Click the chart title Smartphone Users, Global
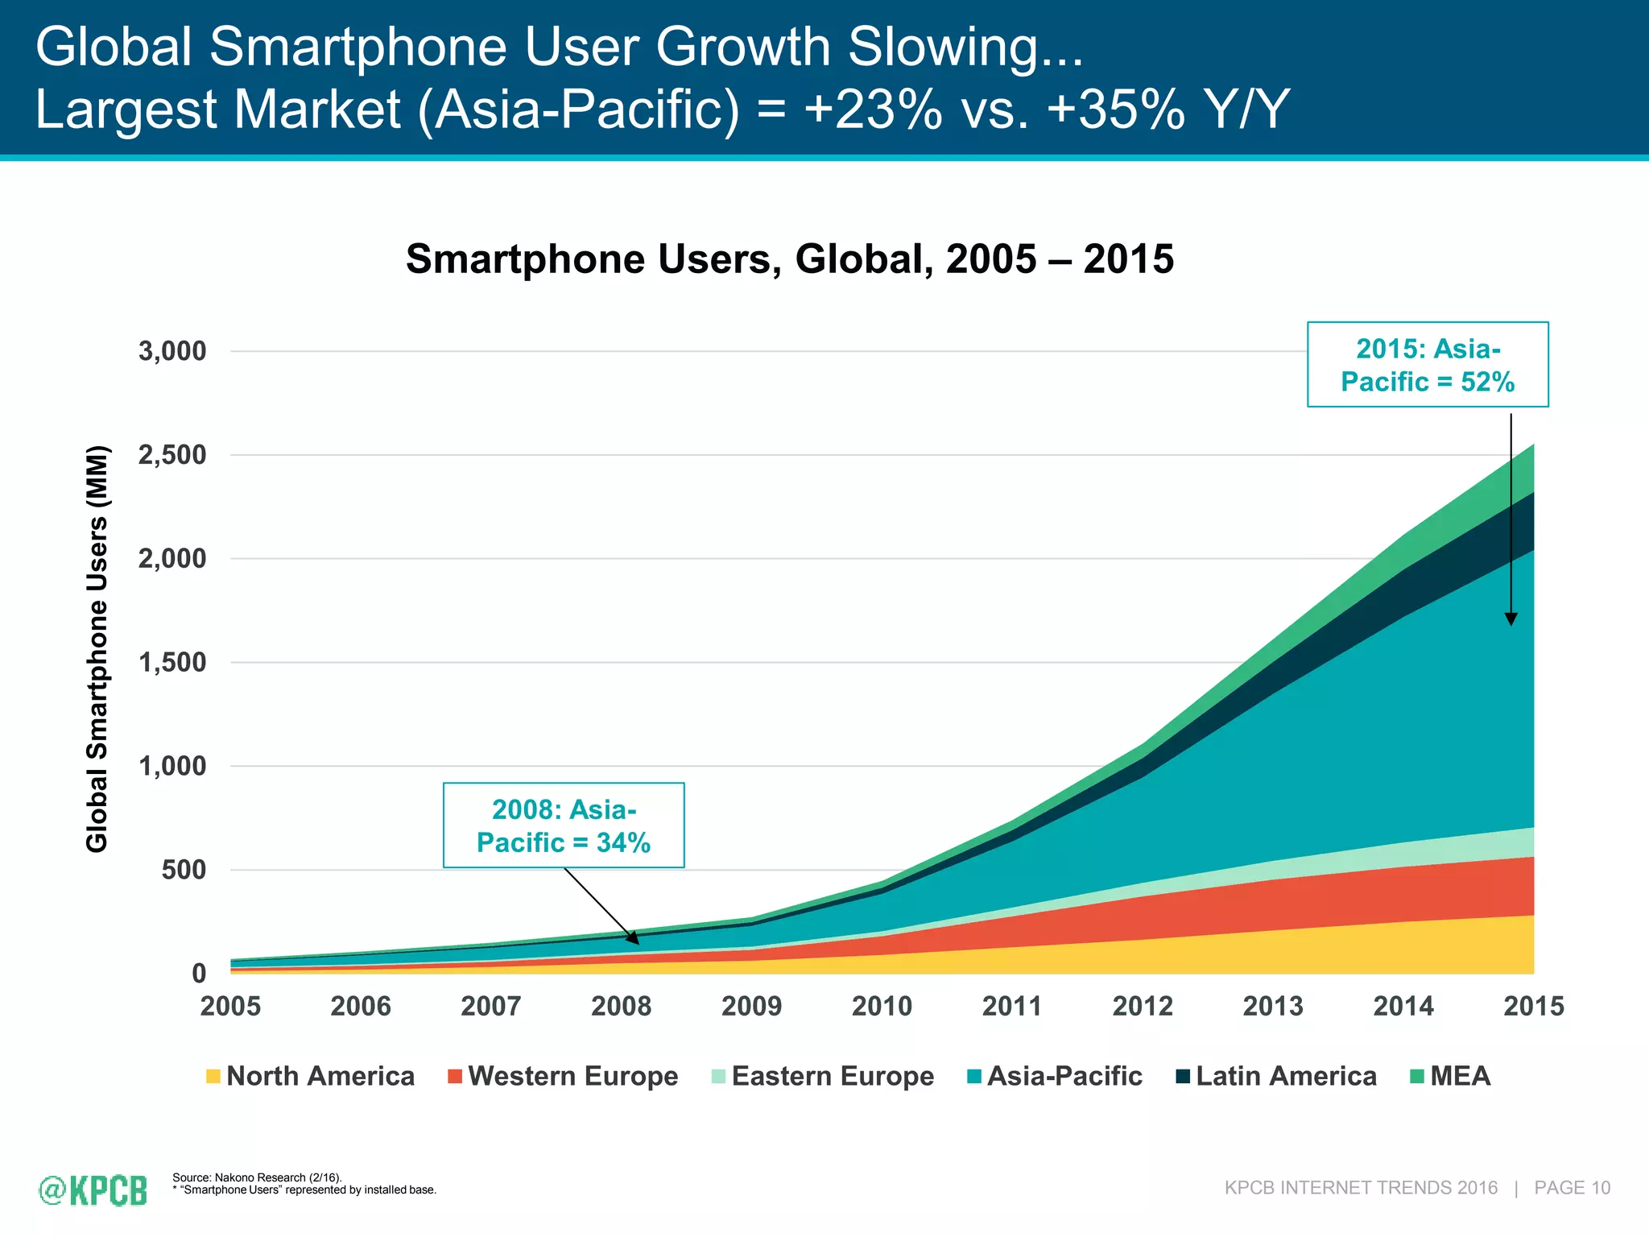(789, 259)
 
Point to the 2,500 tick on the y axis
(172, 455)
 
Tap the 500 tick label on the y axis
(184, 870)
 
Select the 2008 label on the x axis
(621, 1006)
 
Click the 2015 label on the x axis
(1533, 1006)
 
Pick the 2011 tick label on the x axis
(1012, 1006)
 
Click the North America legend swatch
(213, 1077)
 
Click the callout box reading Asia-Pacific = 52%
(1428, 365)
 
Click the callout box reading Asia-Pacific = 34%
(564, 825)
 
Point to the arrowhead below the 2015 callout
(1511, 618)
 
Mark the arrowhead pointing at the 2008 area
(634, 938)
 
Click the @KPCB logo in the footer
(93, 1190)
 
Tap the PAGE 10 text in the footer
(1572, 1188)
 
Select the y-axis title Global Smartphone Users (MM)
(97, 648)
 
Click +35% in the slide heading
(1115, 110)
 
